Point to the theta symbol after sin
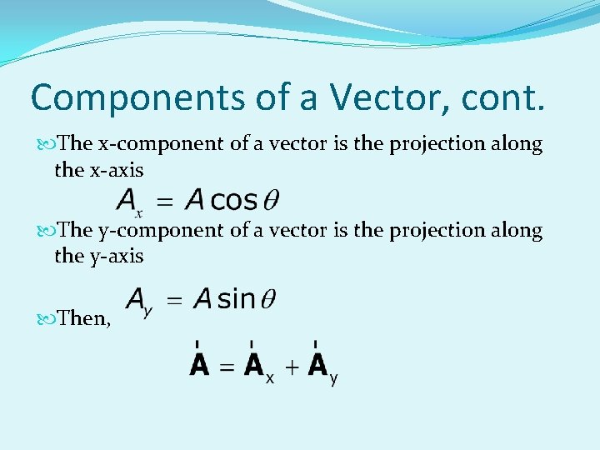coord(268,299)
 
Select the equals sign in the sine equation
coord(173,299)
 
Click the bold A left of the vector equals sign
coord(199,364)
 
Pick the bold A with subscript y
coord(317,364)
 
